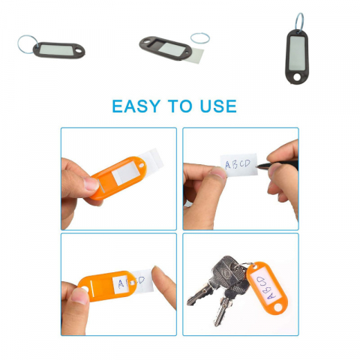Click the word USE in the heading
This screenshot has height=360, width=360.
pos(218,106)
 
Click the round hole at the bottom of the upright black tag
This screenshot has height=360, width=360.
pos(297,77)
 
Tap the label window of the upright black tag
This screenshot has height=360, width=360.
pos(297,52)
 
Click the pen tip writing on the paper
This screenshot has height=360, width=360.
pos(256,165)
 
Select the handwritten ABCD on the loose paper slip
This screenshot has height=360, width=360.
pos(238,164)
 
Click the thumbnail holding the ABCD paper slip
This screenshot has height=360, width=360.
pos(218,172)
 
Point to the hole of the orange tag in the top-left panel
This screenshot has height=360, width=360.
pos(142,165)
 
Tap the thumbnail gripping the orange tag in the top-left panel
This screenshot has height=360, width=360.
pos(91,184)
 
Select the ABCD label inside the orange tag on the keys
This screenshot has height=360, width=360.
pos(265,287)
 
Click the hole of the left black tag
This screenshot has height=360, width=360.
pos(79,52)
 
